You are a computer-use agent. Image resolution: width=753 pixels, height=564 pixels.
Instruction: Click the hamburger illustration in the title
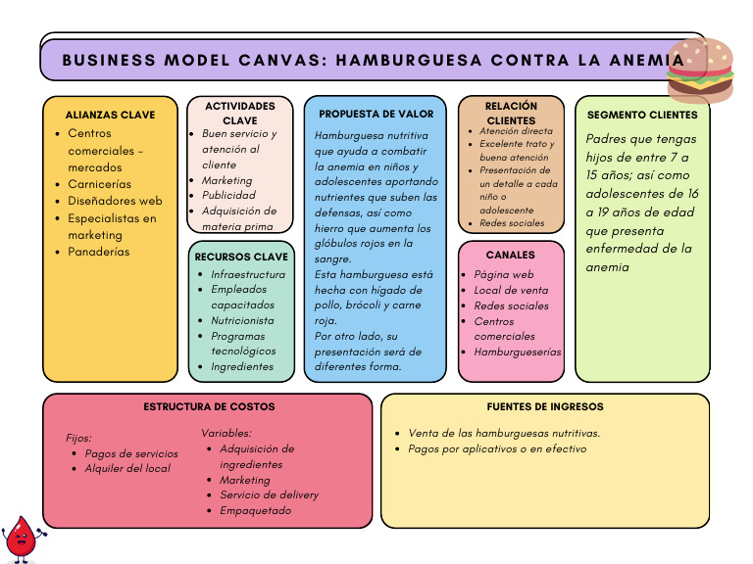point(700,70)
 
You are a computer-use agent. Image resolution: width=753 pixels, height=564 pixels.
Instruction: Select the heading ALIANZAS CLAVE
point(110,116)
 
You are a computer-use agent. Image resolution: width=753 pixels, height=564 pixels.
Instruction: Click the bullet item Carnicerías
point(99,184)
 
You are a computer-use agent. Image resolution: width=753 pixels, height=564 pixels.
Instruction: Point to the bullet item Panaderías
point(98,252)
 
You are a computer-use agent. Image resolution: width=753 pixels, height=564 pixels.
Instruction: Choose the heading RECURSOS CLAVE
point(241,258)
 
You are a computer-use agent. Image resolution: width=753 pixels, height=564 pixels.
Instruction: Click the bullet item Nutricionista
point(242,320)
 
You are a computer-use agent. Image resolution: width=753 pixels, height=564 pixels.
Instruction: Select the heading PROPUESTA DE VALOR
point(376,115)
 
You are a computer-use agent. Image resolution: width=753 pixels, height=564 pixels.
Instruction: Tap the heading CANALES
point(511,256)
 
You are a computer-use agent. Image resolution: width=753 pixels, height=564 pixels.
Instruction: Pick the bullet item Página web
point(503,275)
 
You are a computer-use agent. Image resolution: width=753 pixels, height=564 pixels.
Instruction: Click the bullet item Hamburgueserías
point(518,352)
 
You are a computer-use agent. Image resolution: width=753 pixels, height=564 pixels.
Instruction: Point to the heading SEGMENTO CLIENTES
point(642,116)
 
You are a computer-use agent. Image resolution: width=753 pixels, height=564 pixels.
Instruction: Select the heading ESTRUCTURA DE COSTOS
point(209,406)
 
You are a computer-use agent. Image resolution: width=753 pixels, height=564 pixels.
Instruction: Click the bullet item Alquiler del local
point(127,469)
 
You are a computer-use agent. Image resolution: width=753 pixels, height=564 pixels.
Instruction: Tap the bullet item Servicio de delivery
point(269,495)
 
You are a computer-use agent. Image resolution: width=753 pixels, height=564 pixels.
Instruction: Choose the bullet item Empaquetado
point(255,511)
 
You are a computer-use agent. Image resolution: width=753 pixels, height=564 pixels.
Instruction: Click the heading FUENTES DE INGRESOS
point(545,406)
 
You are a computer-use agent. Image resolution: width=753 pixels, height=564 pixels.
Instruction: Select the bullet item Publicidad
point(228,196)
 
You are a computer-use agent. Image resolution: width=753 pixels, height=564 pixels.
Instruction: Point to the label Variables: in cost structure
point(226,433)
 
